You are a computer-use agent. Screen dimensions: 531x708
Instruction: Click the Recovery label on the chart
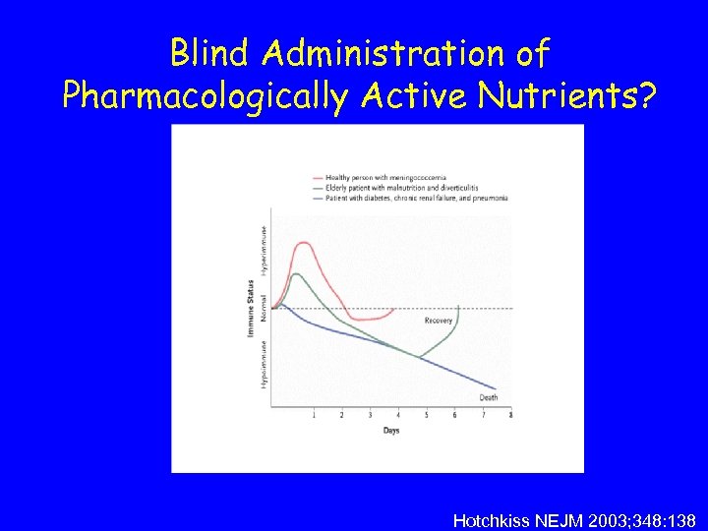pyautogui.click(x=439, y=322)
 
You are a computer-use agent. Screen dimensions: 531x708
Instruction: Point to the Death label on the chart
pyautogui.click(x=488, y=398)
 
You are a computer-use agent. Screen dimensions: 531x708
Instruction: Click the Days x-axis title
pyautogui.click(x=390, y=431)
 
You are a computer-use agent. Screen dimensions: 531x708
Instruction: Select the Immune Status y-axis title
pyautogui.click(x=251, y=311)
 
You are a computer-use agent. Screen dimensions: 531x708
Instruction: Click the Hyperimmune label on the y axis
pyautogui.click(x=264, y=247)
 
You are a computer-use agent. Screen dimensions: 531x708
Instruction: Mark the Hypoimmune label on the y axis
pyautogui.click(x=264, y=364)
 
